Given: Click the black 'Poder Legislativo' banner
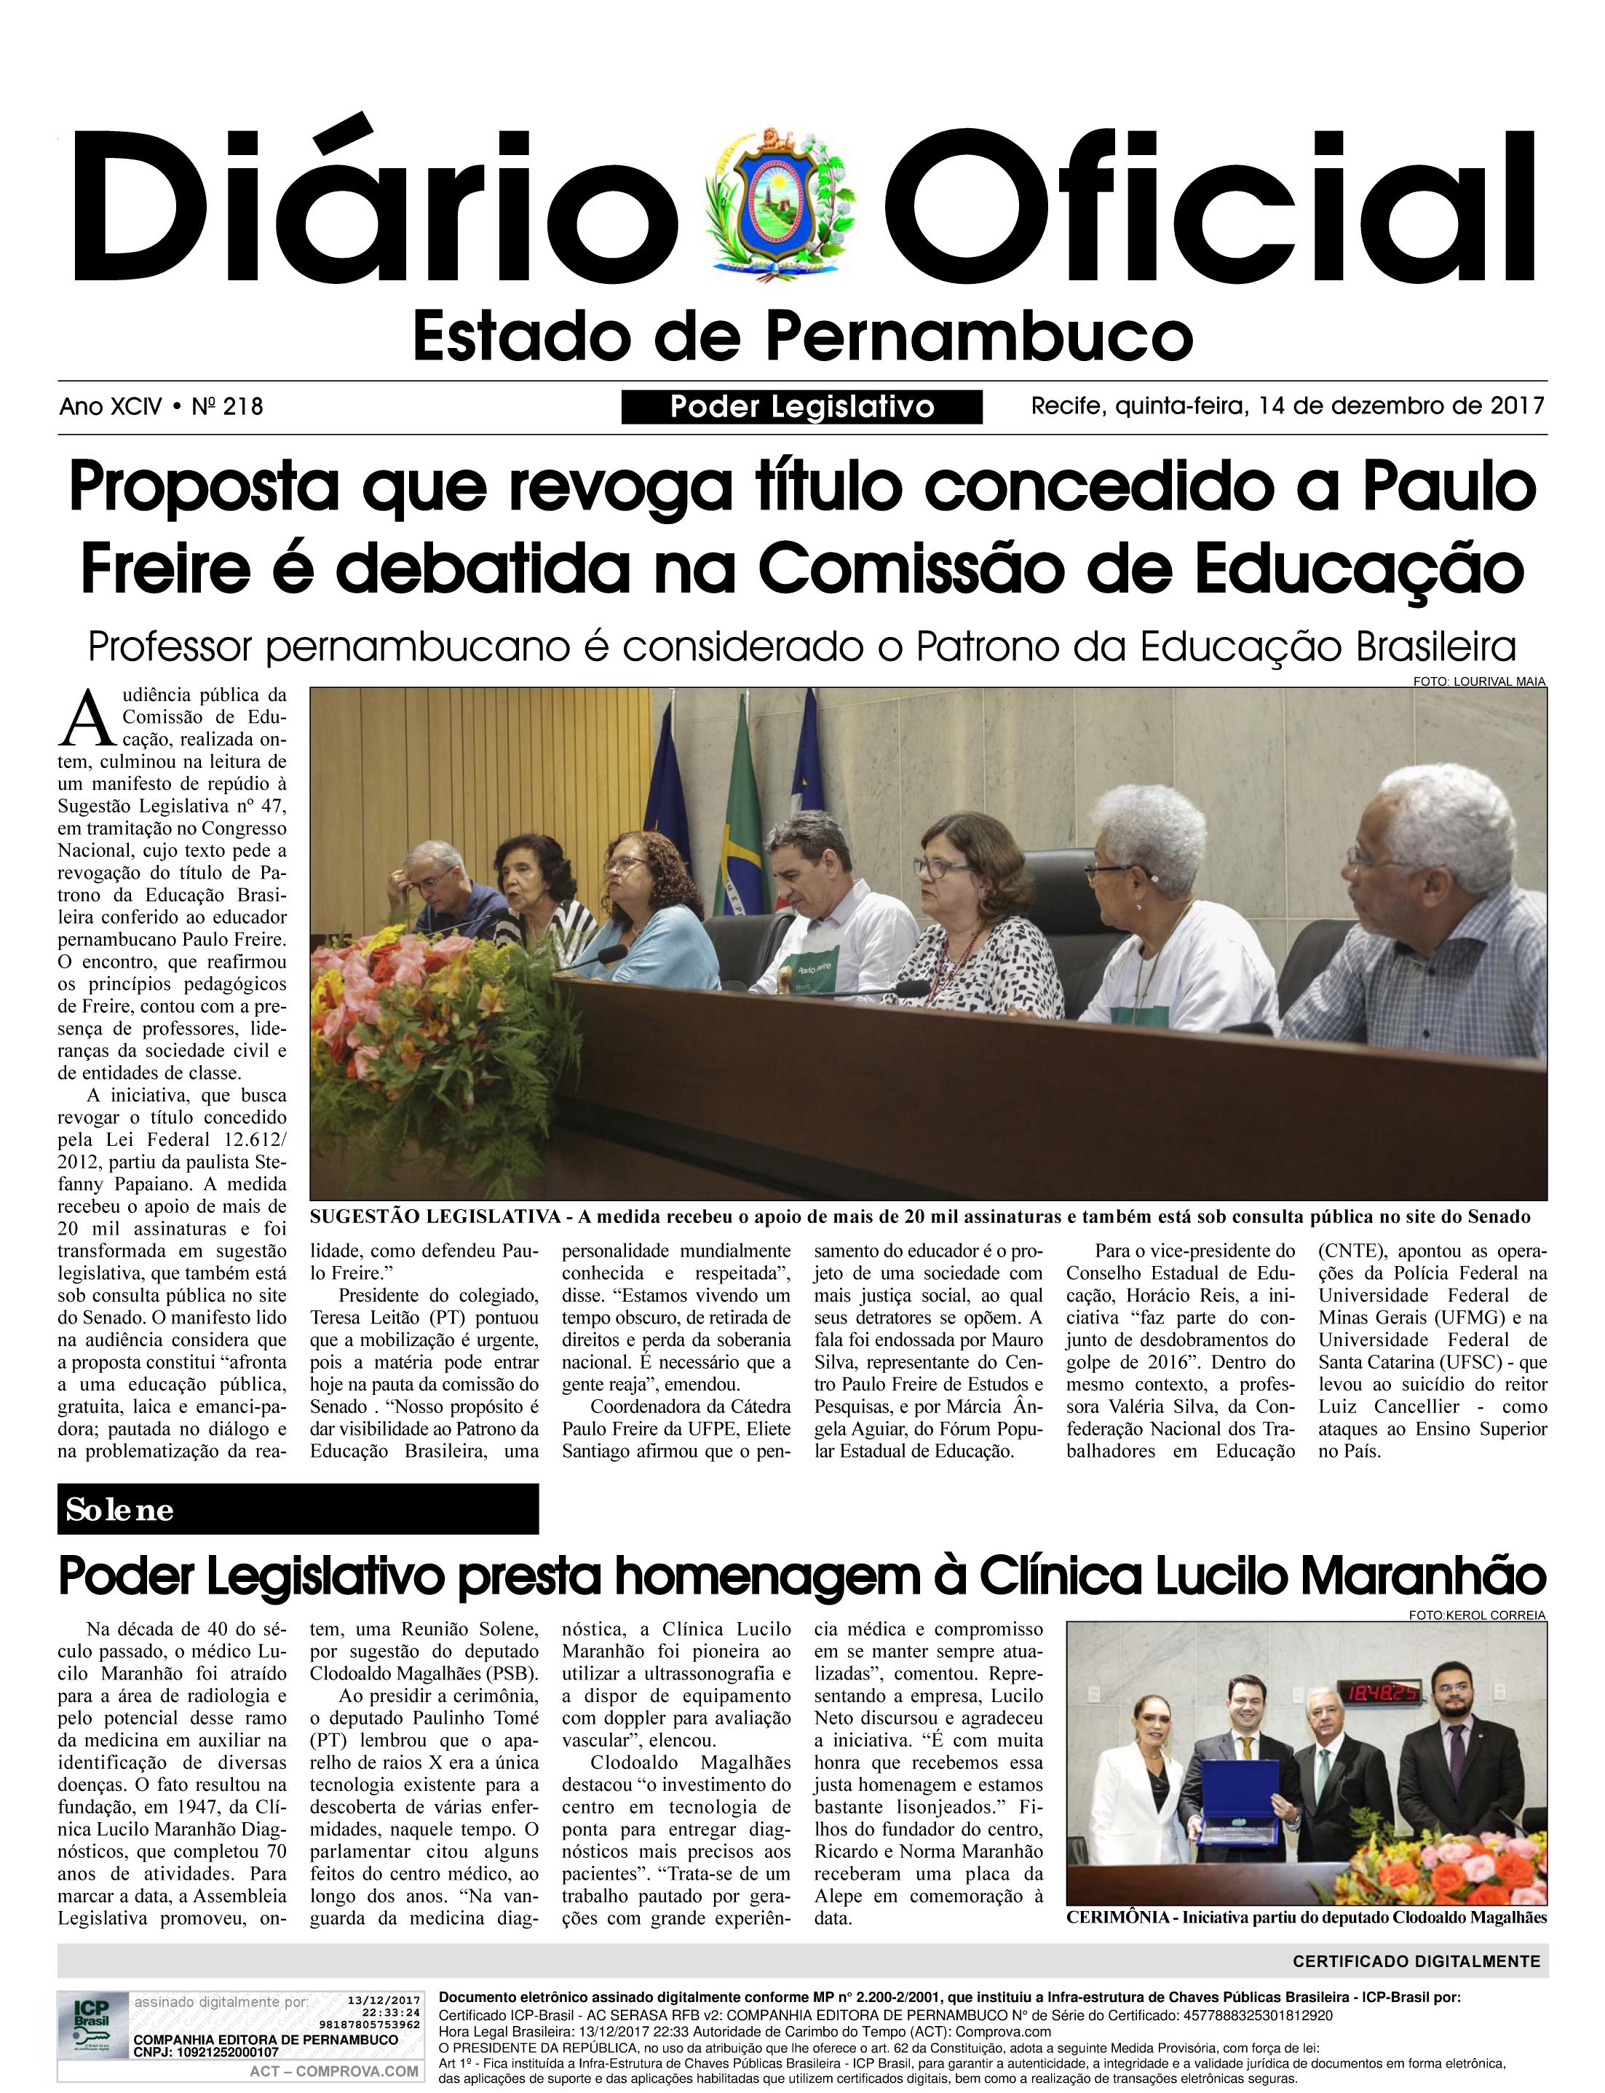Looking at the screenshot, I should [801, 407].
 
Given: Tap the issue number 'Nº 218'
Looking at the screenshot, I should [227, 407].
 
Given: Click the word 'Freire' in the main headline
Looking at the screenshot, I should [165, 569].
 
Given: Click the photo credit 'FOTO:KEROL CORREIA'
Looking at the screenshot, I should [1476, 1615].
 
